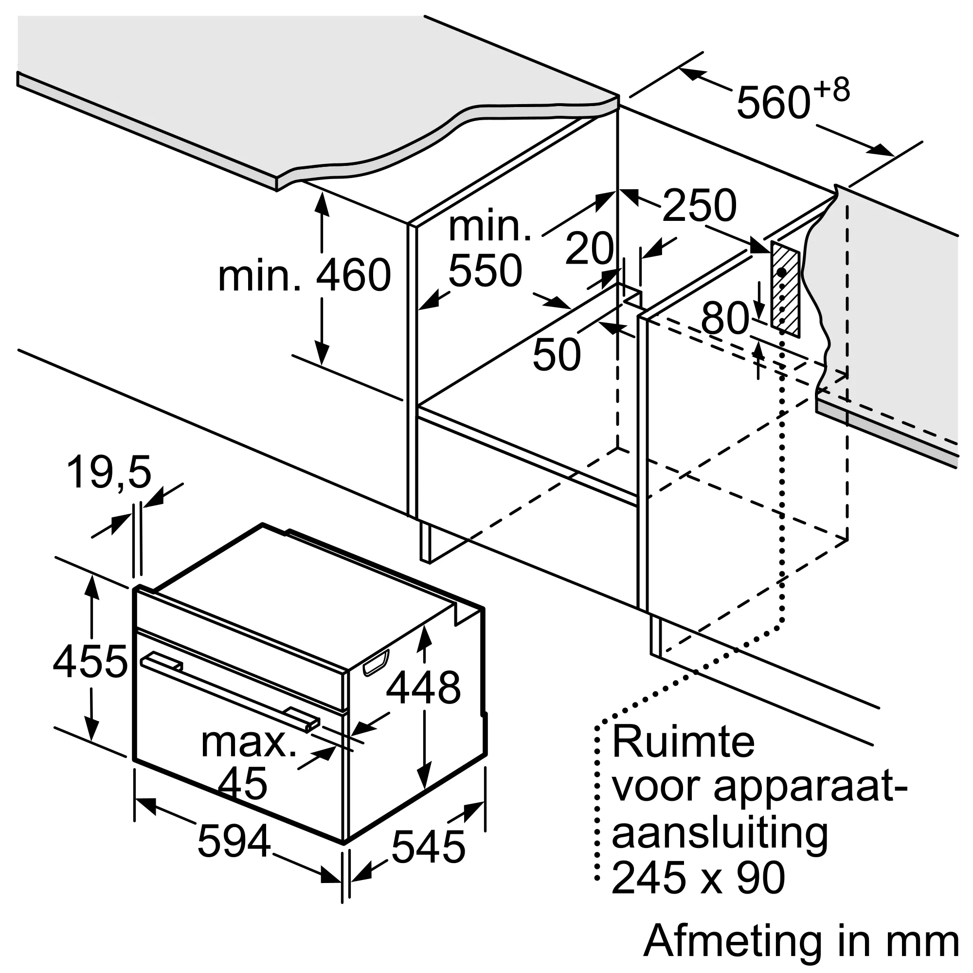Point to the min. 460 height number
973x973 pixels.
(x=354, y=275)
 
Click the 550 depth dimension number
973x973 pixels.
(x=485, y=271)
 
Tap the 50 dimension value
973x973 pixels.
(x=557, y=355)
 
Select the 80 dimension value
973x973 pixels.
(x=725, y=318)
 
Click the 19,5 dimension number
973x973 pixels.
(x=109, y=472)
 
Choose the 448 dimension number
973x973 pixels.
(x=423, y=687)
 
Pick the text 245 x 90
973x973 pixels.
(x=698, y=878)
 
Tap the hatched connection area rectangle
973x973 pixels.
(x=784, y=288)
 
